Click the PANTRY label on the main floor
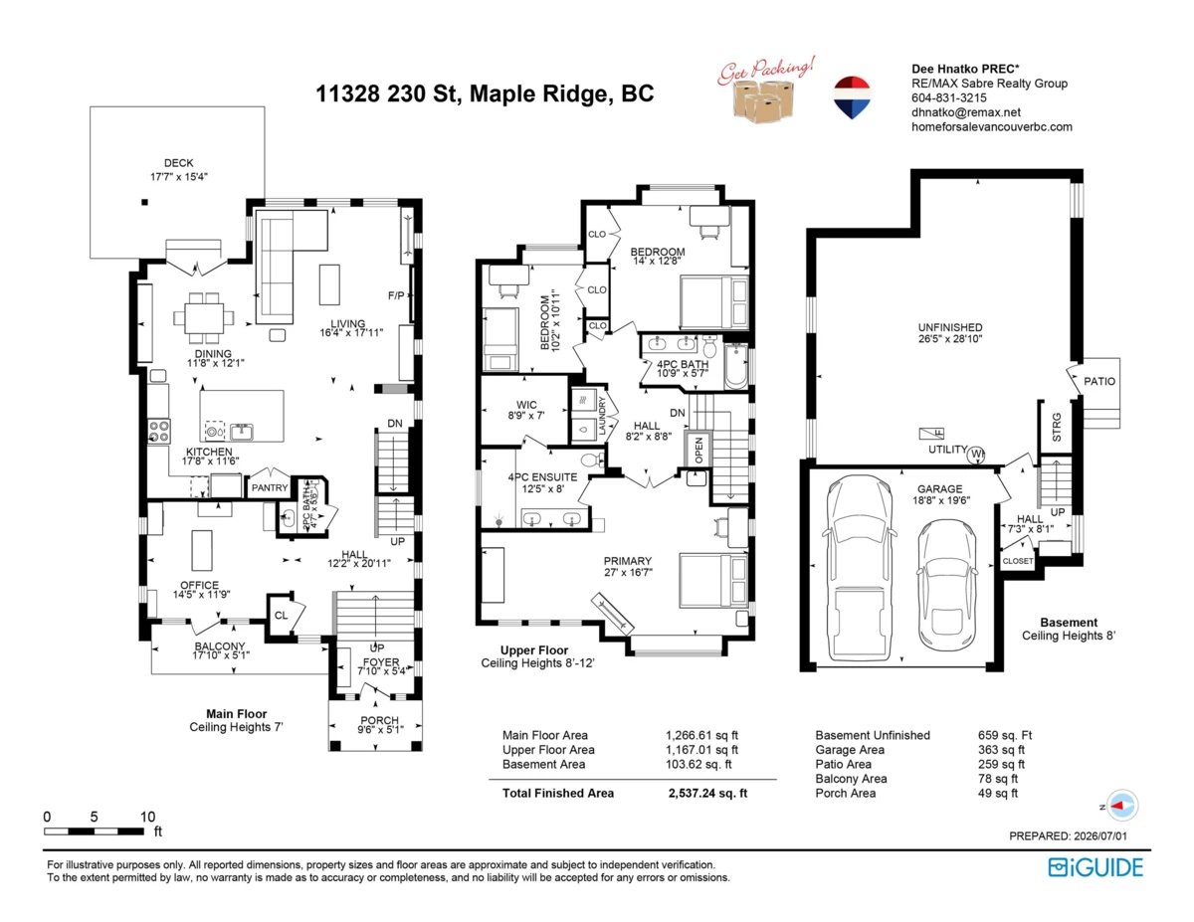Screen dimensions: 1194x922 [x=270, y=487]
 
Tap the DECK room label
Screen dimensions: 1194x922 [x=178, y=163]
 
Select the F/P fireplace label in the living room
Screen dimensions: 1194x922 [x=396, y=295]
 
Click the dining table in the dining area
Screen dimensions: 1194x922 [x=204, y=318]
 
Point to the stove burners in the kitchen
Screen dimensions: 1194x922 [x=159, y=431]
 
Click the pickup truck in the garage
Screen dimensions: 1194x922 [x=861, y=568]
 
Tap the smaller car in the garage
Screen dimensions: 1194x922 [x=946, y=584]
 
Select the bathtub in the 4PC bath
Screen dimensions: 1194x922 [x=735, y=366]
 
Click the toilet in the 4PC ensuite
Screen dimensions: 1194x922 [x=592, y=460]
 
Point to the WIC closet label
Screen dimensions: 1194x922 [x=526, y=405]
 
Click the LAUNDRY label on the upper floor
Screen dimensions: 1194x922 [x=602, y=416]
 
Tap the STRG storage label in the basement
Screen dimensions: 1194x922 [x=1057, y=428]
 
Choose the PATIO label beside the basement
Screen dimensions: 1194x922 [x=1099, y=381]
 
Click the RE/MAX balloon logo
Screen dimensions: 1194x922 [x=852, y=97]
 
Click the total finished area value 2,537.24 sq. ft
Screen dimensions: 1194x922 [x=707, y=793]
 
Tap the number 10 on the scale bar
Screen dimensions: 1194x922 [x=147, y=817]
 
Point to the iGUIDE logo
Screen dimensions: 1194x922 [x=1095, y=867]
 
